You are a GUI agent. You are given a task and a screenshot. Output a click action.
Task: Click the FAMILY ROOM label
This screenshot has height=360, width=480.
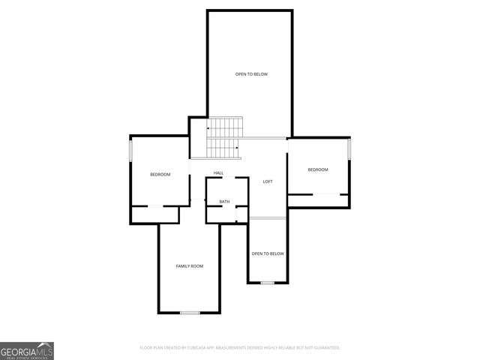pyautogui.click(x=189, y=266)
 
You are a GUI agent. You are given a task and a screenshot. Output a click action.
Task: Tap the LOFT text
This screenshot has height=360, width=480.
pyautogui.click(x=267, y=182)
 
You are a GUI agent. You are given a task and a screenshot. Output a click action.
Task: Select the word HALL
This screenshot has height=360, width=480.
pyautogui.click(x=218, y=173)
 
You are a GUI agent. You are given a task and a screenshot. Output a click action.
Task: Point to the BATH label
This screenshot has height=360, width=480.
pyautogui.click(x=224, y=202)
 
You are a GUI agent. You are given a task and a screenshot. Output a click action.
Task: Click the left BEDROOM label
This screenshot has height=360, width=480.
pyautogui.click(x=160, y=175)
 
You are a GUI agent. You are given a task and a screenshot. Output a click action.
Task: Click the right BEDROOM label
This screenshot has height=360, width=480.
pyautogui.click(x=318, y=169)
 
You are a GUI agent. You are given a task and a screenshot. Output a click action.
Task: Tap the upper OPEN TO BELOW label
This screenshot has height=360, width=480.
pyautogui.click(x=251, y=74)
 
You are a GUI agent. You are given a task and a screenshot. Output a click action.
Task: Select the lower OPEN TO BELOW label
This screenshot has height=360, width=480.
pyautogui.click(x=268, y=253)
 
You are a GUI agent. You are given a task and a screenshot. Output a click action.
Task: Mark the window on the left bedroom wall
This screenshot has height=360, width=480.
pyautogui.click(x=131, y=151)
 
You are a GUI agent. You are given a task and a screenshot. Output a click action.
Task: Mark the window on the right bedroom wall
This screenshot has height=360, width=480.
pyautogui.click(x=349, y=148)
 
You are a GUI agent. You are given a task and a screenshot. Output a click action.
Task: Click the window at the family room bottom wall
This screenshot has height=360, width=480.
pyautogui.click(x=190, y=312)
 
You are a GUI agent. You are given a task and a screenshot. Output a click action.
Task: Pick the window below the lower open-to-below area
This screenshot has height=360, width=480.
pyautogui.click(x=267, y=283)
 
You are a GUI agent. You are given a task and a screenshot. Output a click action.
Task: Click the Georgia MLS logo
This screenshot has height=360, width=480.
pyautogui.click(x=27, y=350)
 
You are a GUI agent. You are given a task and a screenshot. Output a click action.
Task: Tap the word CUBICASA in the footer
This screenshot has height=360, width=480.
pyautogui.click(x=197, y=348)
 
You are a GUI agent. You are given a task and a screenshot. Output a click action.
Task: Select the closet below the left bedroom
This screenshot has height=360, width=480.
pyautogui.click(x=155, y=214)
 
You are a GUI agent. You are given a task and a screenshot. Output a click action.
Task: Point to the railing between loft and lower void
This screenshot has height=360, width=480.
pyautogui.click(x=267, y=218)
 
